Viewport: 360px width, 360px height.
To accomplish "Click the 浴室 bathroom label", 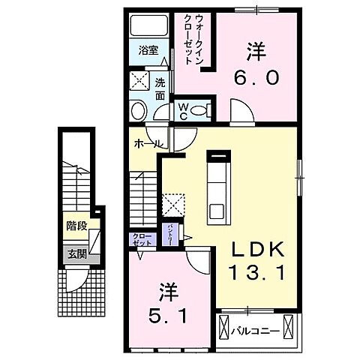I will pyautogui.click(x=149, y=52).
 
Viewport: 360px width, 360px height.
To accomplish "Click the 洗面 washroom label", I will pyautogui.click(x=160, y=90).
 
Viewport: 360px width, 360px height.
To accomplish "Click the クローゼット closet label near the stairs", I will pyautogui.click(x=141, y=239).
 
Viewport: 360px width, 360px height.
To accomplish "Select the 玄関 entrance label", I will pyautogui.click(x=76, y=254).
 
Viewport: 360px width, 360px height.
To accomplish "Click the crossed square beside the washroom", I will pyautogui.click(x=138, y=82).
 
